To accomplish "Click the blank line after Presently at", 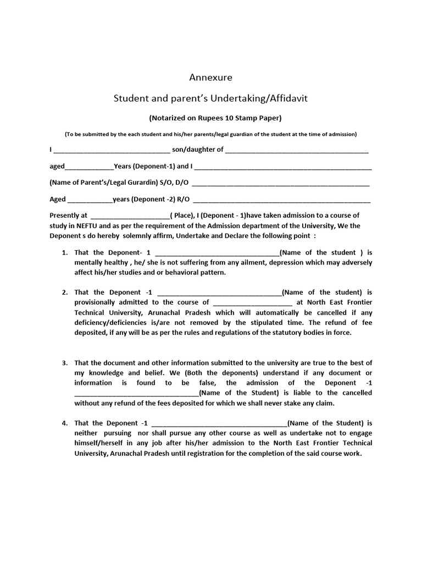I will [x=130, y=216].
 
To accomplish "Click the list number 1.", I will [x=64, y=252].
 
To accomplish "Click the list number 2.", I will [x=64, y=292].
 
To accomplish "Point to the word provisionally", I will [x=95, y=302].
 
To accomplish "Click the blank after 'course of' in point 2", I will [x=252, y=302].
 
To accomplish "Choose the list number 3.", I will [x=64, y=363].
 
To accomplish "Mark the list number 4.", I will [x=64, y=423].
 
